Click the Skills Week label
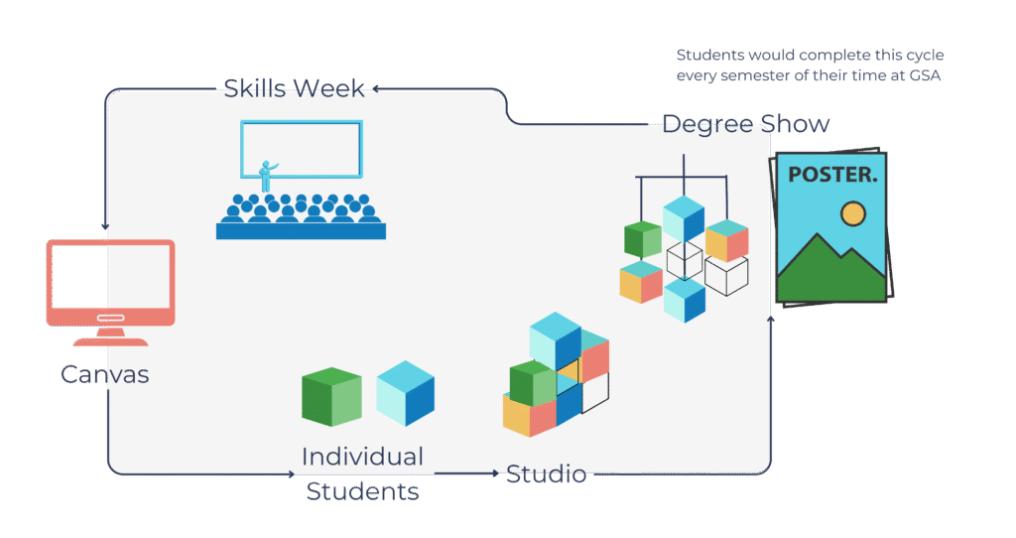point(294,87)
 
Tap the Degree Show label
point(746,124)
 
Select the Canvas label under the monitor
point(104,374)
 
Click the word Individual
point(362,457)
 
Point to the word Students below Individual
point(362,491)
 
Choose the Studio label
point(546,474)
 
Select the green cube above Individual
point(331,397)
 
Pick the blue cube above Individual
point(405,393)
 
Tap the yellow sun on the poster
point(851,212)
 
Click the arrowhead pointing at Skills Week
point(377,88)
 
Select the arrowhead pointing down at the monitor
point(106,226)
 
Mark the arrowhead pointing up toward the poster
point(771,317)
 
